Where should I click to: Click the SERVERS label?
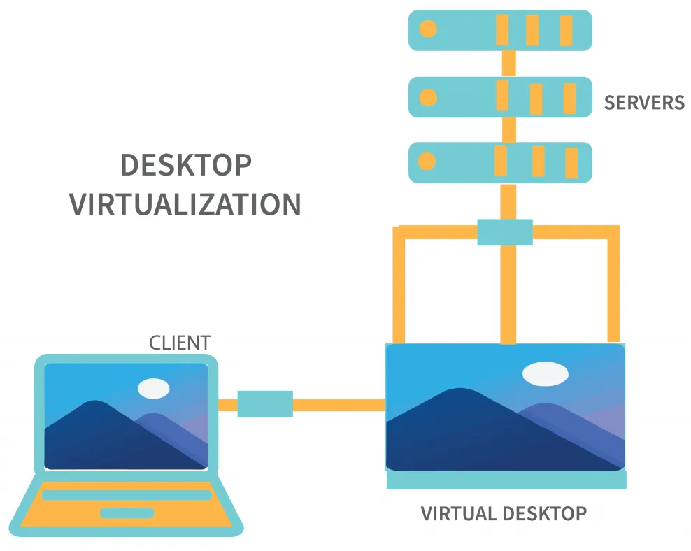[x=644, y=103]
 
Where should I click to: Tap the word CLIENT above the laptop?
[x=180, y=343]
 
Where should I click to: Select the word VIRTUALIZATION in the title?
[x=185, y=205]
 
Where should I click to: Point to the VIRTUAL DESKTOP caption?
[x=504, y=514]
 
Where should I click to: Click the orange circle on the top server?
[x=427, y=29]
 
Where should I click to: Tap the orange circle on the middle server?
[x=427, y=97]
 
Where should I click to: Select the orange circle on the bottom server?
[x=427, y=162]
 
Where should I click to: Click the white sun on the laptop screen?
[x=154, y=388]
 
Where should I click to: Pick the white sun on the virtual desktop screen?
[x=546, y=373]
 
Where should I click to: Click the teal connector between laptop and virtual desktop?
[x=265, y=404]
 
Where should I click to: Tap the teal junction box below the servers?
[x=505, y=232]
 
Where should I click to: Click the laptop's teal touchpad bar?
[x=127, y=513]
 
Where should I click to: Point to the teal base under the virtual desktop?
[x=506, y=480]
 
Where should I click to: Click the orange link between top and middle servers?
[x=509, y=63]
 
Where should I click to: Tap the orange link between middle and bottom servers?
[x=509, y=129]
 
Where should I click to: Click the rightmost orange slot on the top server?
[x=566, y=30]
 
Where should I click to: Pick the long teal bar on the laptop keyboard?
[x=127, y=495]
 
